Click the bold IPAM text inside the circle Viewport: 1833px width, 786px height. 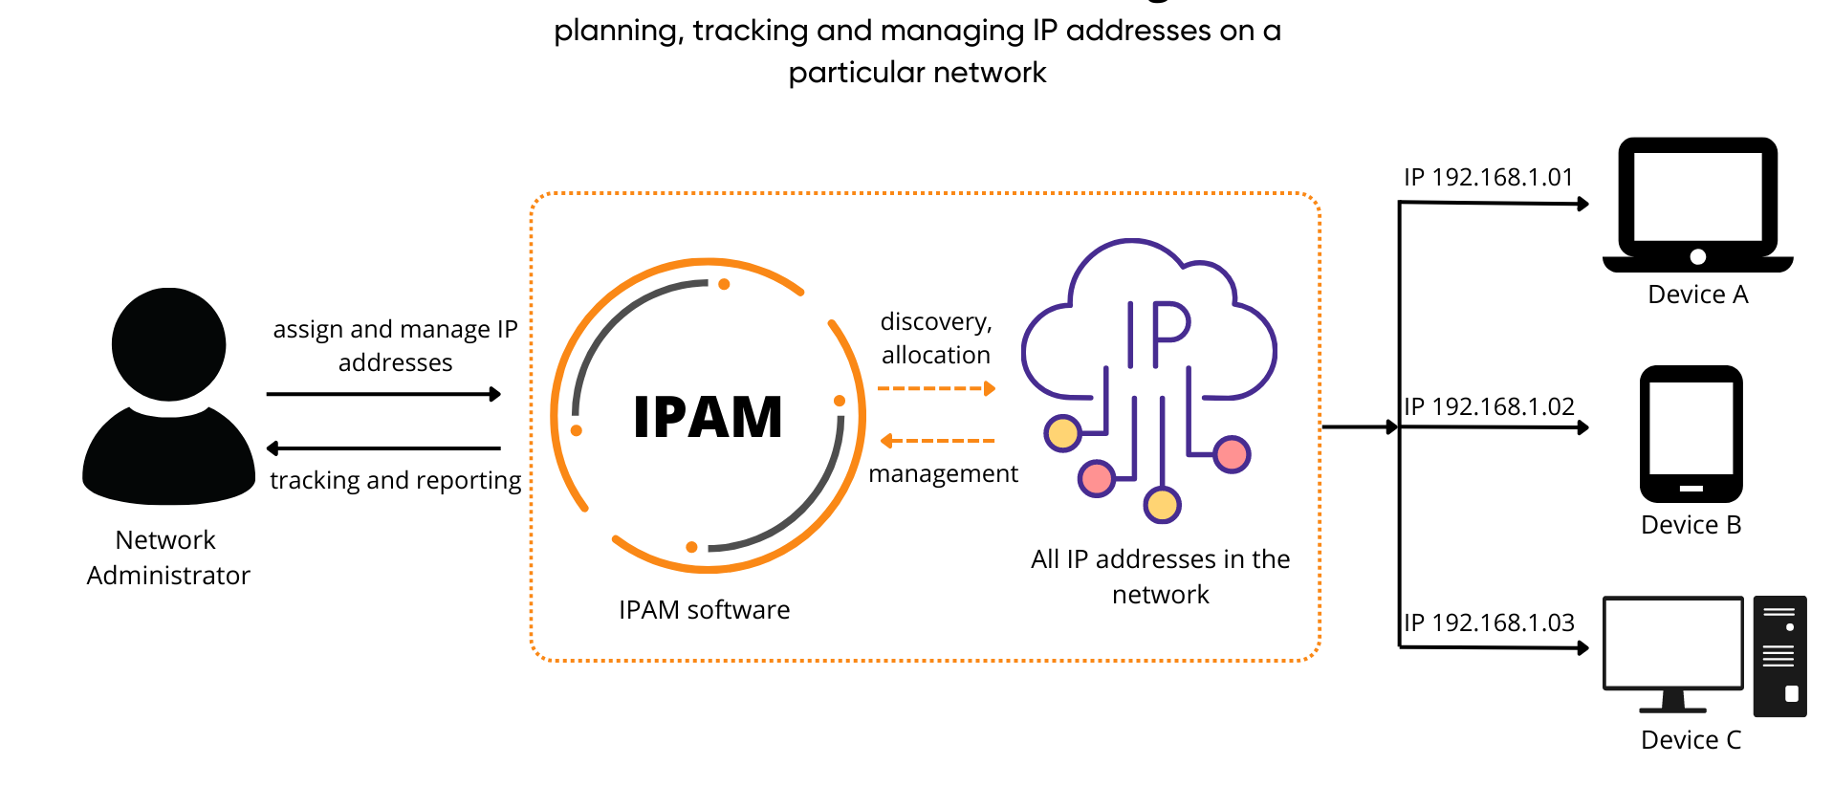pos(708,417)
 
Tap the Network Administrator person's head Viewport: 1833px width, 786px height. pos(169,344)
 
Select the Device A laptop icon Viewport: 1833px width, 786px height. pos(1697,205)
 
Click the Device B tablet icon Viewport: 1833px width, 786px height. pos(1691,434)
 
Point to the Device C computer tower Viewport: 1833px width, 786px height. pos(1779,656)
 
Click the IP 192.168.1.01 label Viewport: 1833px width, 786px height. pos(1488,177)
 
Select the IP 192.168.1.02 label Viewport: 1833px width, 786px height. pos(1489,406)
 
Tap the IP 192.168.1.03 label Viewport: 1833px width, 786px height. pos(1489,622)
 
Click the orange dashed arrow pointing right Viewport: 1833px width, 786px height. pos(937,388)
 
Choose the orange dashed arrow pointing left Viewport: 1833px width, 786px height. pos(937,441)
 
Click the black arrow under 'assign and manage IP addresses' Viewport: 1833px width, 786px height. pos(384,394)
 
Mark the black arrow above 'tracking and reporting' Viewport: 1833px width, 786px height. pos(383,448)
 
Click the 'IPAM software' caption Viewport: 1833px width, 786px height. pos(704,610)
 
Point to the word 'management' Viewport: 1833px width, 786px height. pos(943,473)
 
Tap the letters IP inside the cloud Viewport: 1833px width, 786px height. pos(1158,335)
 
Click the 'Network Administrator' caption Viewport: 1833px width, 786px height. pos(168,557)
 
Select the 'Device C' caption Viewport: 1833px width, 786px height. pos(1691,740)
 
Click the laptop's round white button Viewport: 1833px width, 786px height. pos(1698,256)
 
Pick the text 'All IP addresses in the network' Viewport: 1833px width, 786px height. pos(1161,577)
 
